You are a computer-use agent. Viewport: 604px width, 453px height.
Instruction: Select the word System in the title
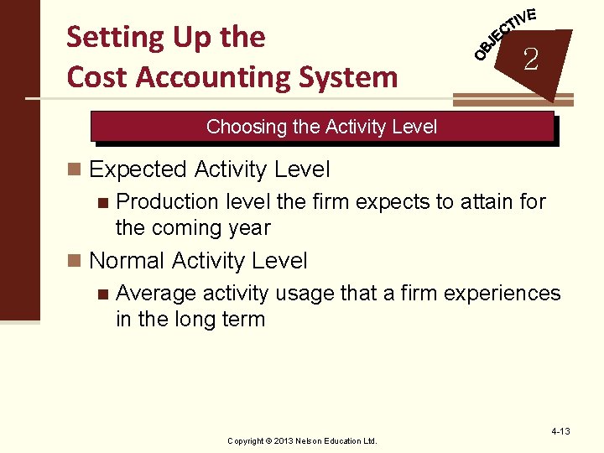pos(349,77)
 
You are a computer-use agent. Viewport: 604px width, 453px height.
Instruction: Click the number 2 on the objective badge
pos(530,60)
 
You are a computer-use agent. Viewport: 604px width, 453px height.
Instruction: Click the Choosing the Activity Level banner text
pos(321,127)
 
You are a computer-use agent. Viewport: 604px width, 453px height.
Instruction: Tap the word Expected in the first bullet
pos(138,169)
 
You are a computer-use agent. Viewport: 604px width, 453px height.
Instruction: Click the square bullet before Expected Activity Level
pos(75,170)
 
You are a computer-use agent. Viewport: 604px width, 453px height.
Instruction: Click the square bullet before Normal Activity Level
pos(75,262)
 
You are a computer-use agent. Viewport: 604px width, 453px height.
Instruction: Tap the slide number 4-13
pos(560,431)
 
